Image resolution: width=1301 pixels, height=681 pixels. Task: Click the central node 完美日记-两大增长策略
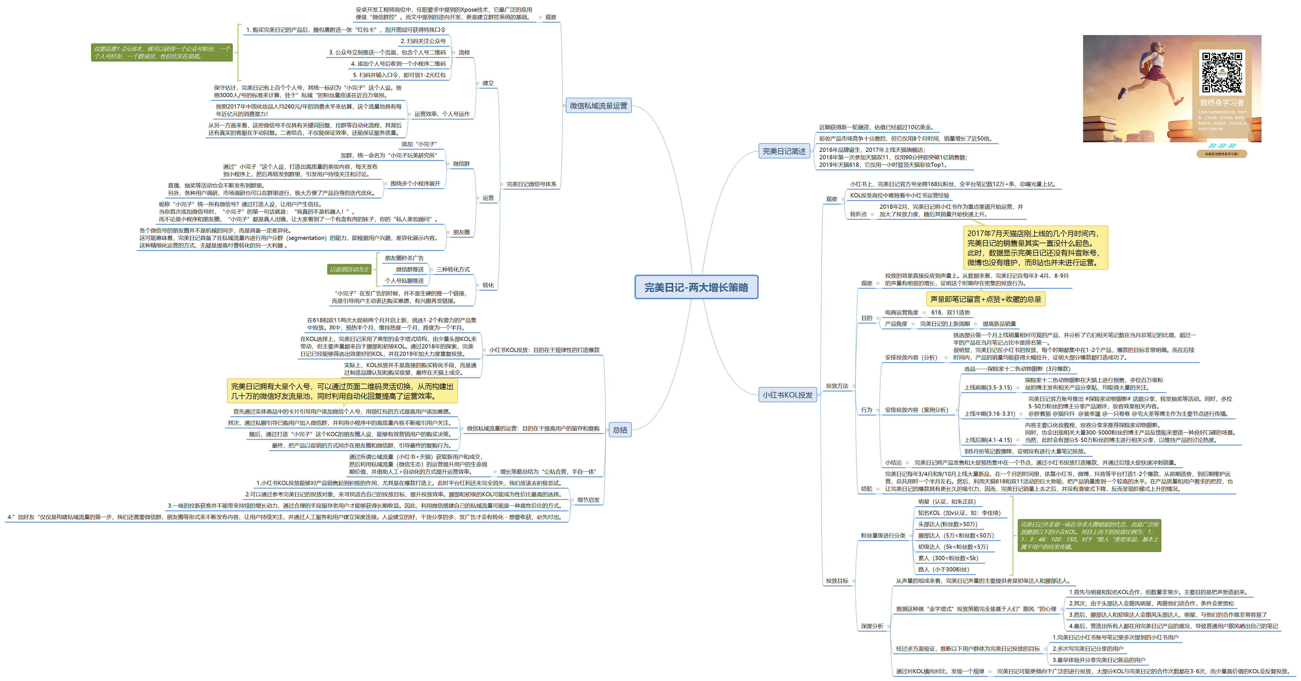pos(696,287)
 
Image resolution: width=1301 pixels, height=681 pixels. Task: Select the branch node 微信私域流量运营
pos(598,105)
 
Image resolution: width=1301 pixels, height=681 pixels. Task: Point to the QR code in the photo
pos(1222,73)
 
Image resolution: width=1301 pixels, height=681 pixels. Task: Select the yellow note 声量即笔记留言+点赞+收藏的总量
pos(985,299)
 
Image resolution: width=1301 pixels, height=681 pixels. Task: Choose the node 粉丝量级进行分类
pos(883,536)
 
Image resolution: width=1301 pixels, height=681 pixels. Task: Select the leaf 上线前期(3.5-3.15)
pos(988,388)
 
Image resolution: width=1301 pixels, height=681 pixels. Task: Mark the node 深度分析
pos(872,626)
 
